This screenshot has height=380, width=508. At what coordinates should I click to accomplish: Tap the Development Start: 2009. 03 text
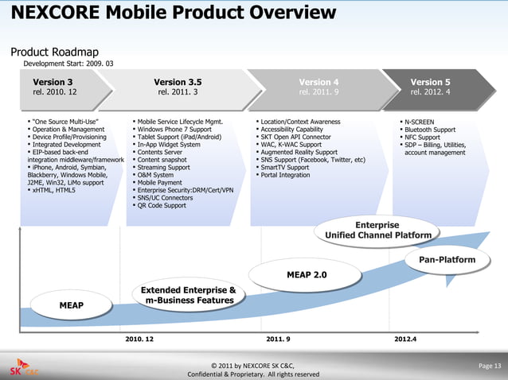pos(68,64)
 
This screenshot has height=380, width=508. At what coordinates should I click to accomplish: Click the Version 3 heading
pos(53,82)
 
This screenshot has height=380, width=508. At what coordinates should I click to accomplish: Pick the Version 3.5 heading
pos(178,82)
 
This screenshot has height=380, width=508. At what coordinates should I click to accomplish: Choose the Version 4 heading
pos(318,82)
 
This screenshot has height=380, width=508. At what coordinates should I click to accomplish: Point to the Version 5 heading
pos(430,82)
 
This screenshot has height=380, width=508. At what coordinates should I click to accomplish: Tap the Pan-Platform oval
pos(446,260)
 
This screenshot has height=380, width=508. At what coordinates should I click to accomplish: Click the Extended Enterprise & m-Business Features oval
pos(188,295)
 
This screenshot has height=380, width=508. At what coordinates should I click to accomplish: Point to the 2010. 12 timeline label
pos(140,339)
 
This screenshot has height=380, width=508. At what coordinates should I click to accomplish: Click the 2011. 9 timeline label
pos(278,339)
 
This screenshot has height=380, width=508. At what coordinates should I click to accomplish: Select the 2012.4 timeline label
pos(405,339)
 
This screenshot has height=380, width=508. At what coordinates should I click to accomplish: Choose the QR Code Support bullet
pos(161,205)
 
